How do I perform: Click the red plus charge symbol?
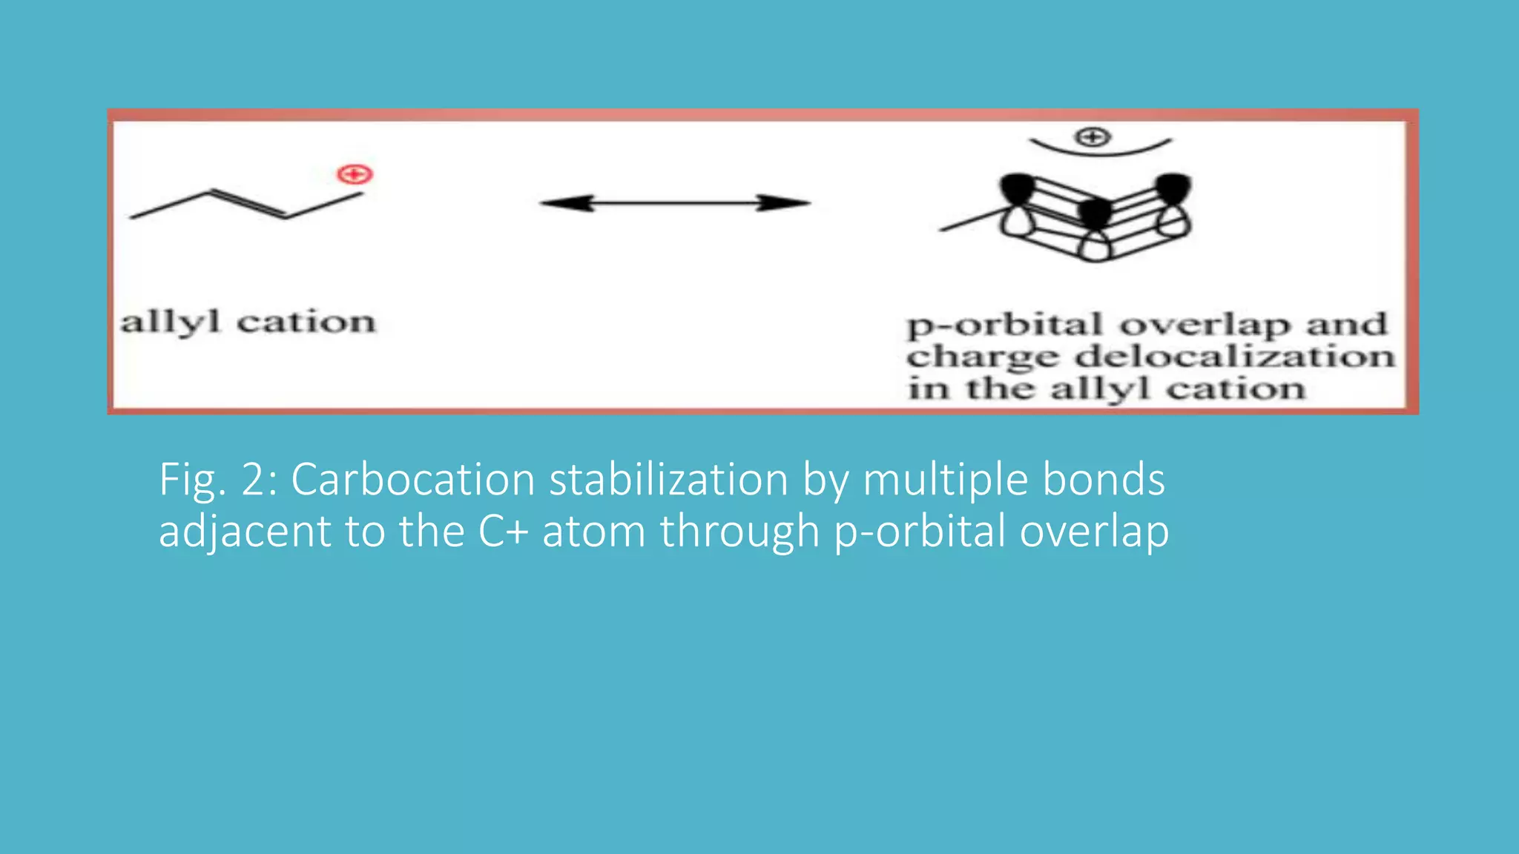(x=355, y=175)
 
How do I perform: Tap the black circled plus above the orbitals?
(x=1093, y=137)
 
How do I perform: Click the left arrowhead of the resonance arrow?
(x=567, y=203)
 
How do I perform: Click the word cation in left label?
(x=306, y=322)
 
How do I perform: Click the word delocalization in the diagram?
(x=1235, y=357)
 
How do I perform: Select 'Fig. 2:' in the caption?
(x=218, y=480)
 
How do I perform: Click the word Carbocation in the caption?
(x=412, y=480)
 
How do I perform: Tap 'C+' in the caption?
(x=503, y=532)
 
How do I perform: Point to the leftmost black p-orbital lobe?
(x=1016, y=188)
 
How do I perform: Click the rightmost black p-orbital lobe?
(x=1173, y=188)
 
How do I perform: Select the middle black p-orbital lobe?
(x=1095, y=213)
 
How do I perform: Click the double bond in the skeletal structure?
(x=248, y=204)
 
